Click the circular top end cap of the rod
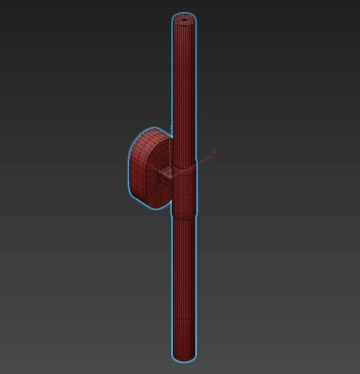coord(184,19)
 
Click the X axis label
coord(213,153)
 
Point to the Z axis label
coord(171,127)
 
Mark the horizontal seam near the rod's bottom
coord(184,319)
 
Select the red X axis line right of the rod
coord(205,158)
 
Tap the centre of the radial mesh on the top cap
coord(184,19)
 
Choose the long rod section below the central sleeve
coord(184,268)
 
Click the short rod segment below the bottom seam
coord(184,339)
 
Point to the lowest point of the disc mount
coord(155,209)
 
